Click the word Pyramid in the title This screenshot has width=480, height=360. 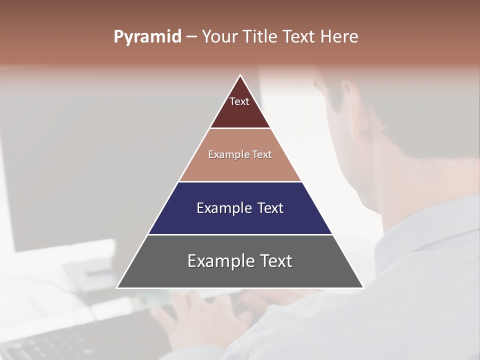click(x=147, y=37)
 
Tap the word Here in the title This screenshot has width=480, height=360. click(x=339, y=37)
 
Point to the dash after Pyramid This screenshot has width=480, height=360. click(x=191, y=37)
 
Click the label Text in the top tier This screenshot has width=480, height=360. click(x=239, y=101)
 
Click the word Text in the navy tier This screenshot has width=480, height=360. click(x=270, y=208)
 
